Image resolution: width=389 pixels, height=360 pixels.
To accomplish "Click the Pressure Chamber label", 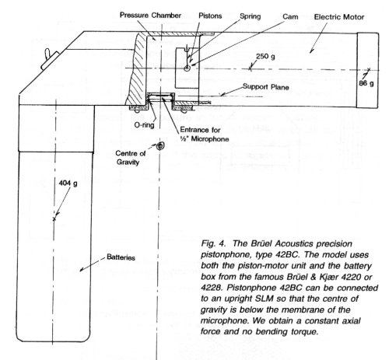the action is [150, 16].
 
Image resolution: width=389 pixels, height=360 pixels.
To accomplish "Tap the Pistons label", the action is [210, 16].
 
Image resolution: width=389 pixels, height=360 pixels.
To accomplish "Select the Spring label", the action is [250, 16].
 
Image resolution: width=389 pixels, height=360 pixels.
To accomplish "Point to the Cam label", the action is [290, 17].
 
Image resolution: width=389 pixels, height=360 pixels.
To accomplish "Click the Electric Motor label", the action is [339, 17].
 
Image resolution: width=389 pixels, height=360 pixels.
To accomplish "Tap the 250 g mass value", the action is [265, 57].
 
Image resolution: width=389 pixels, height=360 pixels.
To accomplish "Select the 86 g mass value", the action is [366, 83].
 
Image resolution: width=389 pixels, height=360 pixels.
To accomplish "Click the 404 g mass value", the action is [68, 183].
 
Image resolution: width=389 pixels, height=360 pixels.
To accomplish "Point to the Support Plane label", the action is [266, 87].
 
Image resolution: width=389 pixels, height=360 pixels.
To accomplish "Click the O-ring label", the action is [144, 125].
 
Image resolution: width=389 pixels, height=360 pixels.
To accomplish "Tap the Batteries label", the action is [121, 257].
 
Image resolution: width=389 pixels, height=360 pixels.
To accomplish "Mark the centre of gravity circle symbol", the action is [159, 146].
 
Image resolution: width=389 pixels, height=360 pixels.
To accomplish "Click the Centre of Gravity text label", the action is [130, 158].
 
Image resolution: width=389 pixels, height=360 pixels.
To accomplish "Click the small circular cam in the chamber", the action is [187, 68].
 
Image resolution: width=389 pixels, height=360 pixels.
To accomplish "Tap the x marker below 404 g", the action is [54, 219].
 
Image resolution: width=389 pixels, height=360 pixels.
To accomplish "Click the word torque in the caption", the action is [302, 331].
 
